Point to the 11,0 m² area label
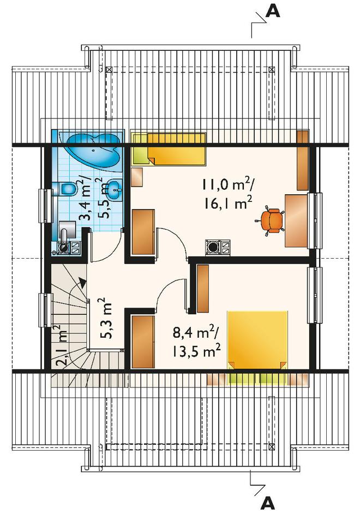(x=226, y=186)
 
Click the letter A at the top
(x=273, y=11)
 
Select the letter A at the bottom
(x=268, y=503)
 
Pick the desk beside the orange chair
(x=297, y=220)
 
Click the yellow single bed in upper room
(x=169, y=149)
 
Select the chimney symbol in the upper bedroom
(x=218, y=248)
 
